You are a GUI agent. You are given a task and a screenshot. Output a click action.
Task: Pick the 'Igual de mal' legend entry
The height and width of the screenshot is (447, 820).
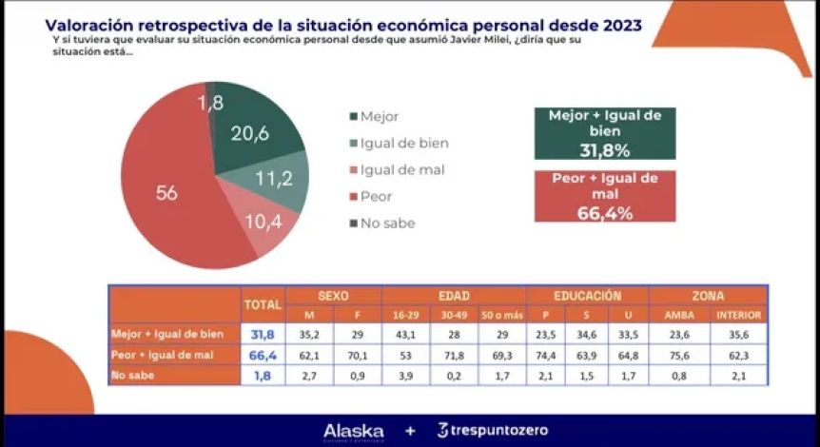(392, 170)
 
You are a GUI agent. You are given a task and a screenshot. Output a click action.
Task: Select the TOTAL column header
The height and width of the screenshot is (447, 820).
(264, 304)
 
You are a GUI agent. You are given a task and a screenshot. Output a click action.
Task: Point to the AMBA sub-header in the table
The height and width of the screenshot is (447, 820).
(678, 315)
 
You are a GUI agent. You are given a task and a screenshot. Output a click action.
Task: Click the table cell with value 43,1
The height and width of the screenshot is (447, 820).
(406, 334)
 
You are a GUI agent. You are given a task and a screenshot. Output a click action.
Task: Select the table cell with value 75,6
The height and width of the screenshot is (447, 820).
(678, 355)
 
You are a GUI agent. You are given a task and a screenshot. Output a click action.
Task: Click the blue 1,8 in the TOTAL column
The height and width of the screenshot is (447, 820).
(264, 376)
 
